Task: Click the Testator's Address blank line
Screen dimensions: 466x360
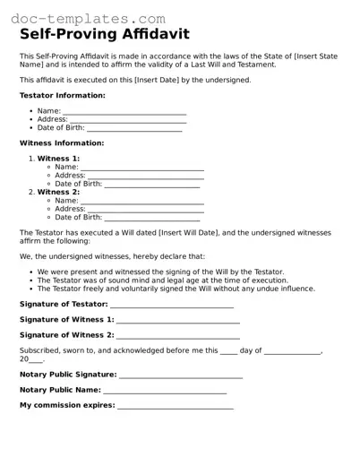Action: coord(127,120)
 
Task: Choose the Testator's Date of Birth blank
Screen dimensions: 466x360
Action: coord(134,128)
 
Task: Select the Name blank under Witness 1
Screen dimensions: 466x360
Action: coord(142,168)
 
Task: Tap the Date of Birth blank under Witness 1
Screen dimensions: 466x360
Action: coord(152,185)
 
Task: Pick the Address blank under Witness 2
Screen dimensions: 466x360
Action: coord(145,210)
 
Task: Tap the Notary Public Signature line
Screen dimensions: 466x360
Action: coord(180,375)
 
